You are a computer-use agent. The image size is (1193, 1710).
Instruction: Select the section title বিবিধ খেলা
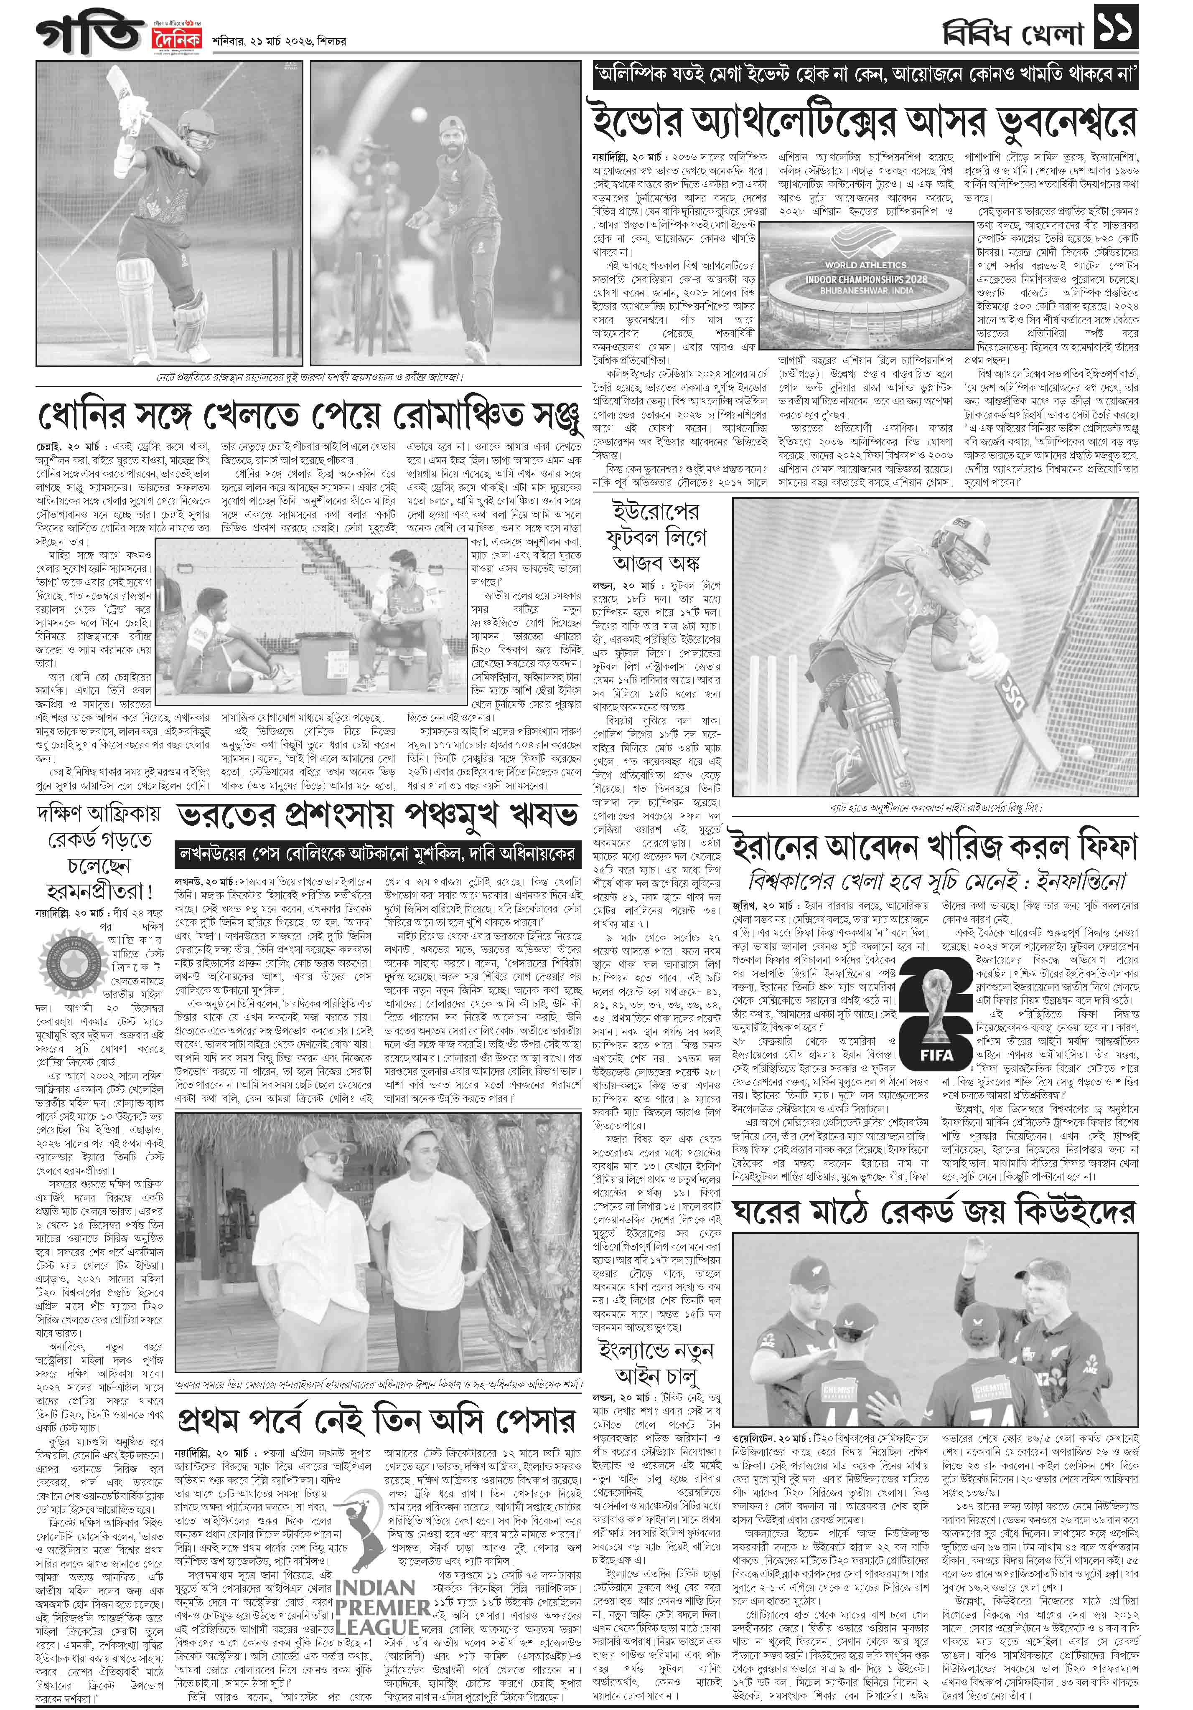point(1012,28)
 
